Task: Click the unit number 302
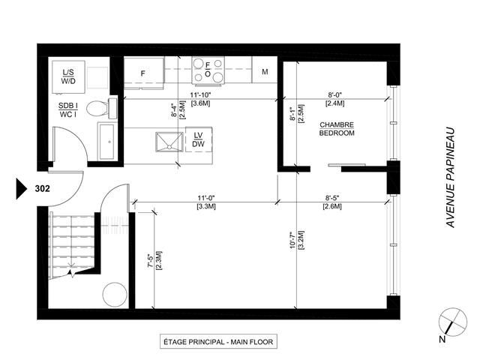43,189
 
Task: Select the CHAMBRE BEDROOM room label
337,128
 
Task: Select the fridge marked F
143,73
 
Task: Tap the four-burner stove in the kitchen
208,70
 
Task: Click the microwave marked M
265,73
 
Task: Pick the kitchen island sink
169,140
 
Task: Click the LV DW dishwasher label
199,139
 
